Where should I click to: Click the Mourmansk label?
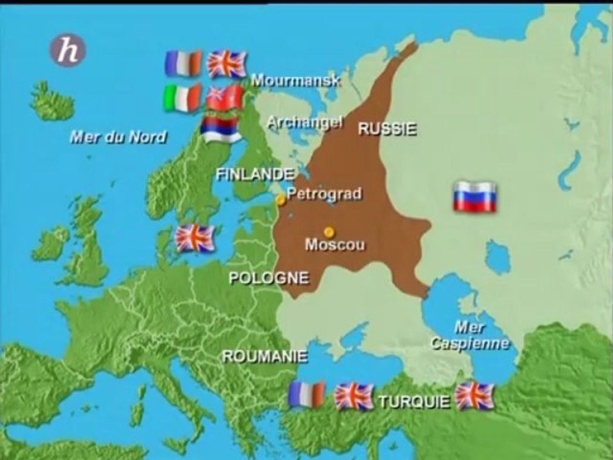pos(295,80)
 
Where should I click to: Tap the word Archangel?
pos(305,122)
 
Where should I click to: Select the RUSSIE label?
pos(387,128)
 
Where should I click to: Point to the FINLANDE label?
pos(255,174)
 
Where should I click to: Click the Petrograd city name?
pos(324,194)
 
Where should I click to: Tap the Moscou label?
pos(335,244)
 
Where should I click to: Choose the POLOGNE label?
pos(268,278)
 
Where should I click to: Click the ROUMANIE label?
pos(264,357)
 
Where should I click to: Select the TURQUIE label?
pos(414,402)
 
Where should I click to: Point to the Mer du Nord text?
pos(118,136)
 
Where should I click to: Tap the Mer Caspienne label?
pos(470,335)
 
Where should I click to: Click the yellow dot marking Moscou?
pos(329,231)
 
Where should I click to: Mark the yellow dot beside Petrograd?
pos(281,200)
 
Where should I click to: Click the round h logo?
pos(68,50)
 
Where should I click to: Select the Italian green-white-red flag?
pos(182,98)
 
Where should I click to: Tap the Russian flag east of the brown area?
pos(475,196)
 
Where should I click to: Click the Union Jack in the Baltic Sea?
pos(195,238)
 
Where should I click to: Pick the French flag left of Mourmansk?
pos(183,63)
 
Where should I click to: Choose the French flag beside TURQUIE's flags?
pos(306,394)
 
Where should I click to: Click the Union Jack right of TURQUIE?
pos(474,395)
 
